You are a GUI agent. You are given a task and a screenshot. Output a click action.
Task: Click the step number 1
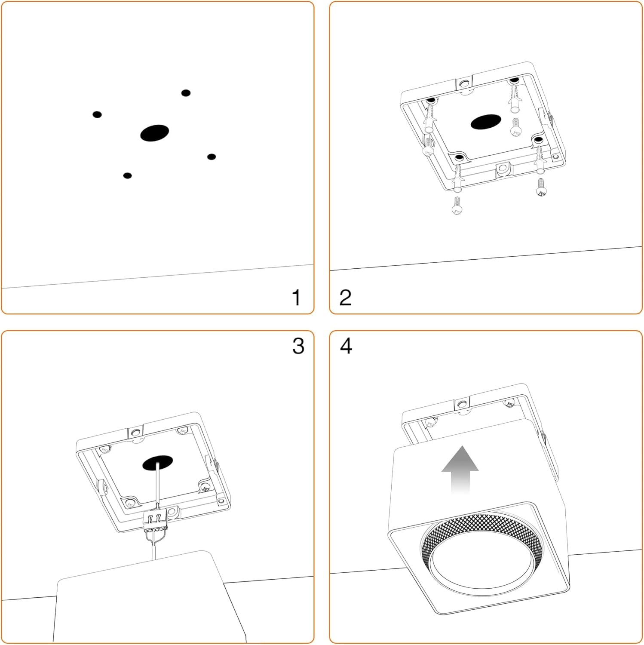coord(296,298)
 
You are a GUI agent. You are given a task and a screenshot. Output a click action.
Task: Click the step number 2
coord(345,298)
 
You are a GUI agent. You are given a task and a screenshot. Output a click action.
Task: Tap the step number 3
coord(298,346)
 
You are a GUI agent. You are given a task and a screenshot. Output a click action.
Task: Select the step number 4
coord(346,346)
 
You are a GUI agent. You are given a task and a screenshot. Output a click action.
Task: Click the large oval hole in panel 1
coord(154,133)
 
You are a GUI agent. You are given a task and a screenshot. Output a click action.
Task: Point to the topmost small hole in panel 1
coord(186,93)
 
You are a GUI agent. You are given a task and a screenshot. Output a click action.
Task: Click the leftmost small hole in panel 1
coord(97,114)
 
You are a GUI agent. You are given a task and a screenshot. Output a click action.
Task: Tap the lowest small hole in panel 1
coord(127,175)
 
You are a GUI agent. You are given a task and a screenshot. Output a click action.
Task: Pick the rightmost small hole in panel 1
coord(212,157)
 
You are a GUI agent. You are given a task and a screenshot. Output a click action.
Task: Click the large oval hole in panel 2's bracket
coord(486,122)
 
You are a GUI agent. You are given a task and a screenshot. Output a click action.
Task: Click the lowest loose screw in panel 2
coord(457,206)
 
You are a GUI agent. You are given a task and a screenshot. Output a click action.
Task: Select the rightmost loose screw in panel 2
coord(541,187)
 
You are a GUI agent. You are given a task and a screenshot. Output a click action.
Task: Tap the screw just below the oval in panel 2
coord(516,128)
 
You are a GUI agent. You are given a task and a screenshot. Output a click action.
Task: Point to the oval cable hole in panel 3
coord(158,462)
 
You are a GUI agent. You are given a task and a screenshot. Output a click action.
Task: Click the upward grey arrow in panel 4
coord(460,469)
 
